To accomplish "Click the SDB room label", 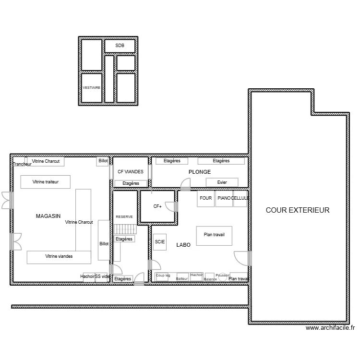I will [x=120, y=46].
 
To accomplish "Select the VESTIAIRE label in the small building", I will [x=91, y=88].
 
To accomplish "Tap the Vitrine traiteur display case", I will [x=46, y=182].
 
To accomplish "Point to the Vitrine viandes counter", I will [x=59, y=257].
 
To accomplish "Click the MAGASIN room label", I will [x=48, y=216].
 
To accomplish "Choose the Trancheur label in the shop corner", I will [x=22, y=164].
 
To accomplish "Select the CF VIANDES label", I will [x=131, y=171].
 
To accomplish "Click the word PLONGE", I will [x=200, y=172].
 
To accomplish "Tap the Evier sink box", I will [x=222, y=182].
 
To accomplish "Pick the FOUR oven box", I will [x=205, y=199].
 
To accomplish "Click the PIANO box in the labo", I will [x=224, y=199].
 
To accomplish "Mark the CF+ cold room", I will [x=157, y=206].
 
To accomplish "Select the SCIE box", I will [x=160, y=242].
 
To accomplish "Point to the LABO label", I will [x=183, y=245].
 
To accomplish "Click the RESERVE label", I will [x=124, y=217].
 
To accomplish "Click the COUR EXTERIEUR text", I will [x=298, y=210].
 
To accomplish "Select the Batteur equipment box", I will [x=182, y=277].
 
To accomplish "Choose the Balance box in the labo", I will [x=210, y=278].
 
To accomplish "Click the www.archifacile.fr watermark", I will [x=330, y=329].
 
